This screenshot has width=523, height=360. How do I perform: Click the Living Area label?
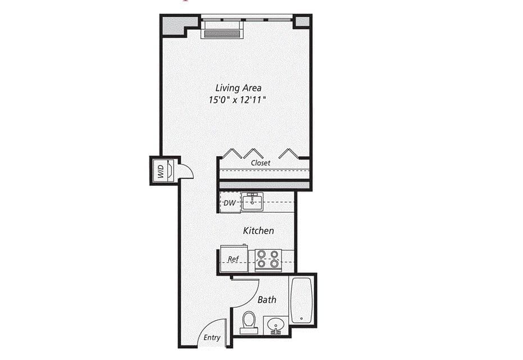pos(238,88)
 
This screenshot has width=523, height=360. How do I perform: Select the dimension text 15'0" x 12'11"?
pos(238,99)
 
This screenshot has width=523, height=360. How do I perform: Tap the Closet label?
pos(261,163)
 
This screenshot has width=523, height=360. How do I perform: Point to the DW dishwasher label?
pos(229,203)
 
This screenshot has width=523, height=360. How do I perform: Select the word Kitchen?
pos(258,230)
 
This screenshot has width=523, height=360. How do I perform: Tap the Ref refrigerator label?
pos(234,259)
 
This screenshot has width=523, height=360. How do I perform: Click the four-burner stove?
pos(267,259)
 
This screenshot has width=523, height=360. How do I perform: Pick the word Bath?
pos(267,299)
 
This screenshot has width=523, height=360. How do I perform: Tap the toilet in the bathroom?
pos(248,322)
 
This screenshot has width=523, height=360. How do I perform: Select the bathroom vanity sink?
pos(276,325)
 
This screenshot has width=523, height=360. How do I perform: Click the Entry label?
pos(212,338)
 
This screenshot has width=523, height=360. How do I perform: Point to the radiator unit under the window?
pos(221,33)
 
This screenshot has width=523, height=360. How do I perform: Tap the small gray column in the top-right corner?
pos(302,22)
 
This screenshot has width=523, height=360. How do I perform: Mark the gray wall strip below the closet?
pos(264,184)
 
